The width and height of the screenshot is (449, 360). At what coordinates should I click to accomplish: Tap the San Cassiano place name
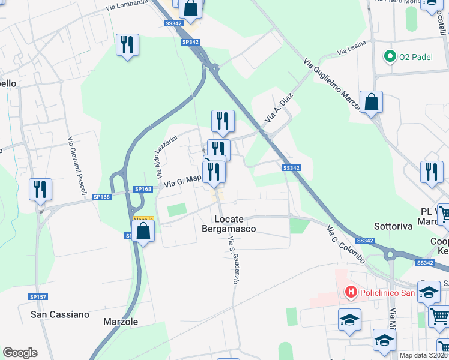(60, 314)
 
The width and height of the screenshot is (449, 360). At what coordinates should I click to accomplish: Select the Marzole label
(121, 322)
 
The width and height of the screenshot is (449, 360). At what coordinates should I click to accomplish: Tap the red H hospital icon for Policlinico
(351, 292)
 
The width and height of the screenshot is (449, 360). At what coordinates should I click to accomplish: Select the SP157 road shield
(38, 296)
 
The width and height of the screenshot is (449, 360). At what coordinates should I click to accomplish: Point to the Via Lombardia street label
(126, 5)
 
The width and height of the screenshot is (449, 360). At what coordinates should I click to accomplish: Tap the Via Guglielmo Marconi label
(331, 85)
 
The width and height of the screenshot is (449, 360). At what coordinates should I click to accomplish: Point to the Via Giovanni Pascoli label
(76, 165)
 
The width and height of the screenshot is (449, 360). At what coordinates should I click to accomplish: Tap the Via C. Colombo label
(346, 245)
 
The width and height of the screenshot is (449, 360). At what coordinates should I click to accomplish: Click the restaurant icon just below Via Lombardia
(127, 45)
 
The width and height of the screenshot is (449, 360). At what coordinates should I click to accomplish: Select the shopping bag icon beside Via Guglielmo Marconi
(372, 102)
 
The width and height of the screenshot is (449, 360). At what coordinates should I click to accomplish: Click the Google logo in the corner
(20, 353)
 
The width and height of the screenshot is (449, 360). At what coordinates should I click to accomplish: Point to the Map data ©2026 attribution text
(423, 355)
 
